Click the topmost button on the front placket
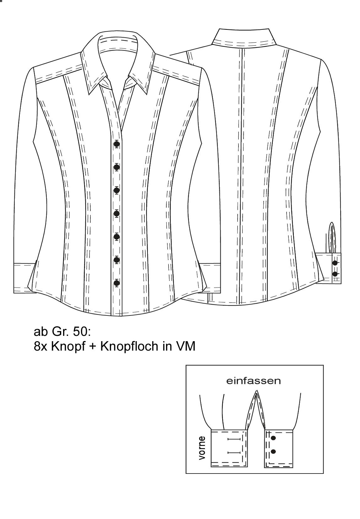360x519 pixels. coord(117,144)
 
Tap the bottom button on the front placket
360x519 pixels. coord(117,283)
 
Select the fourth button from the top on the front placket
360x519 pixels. coord(117,213)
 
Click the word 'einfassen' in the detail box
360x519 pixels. coord(253,381)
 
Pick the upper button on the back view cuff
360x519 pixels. coord(335,263)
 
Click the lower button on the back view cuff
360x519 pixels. coord(335,274)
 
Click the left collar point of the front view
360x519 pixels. coord(89,94)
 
